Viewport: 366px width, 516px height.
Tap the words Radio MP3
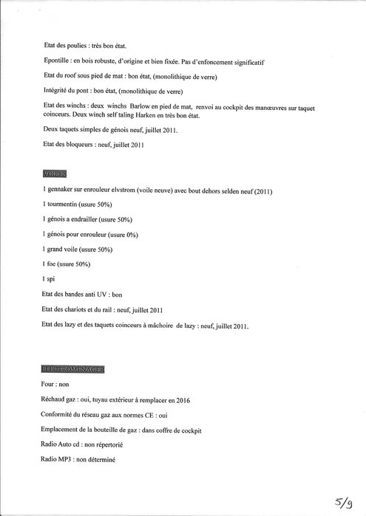[x=62, y=461]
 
